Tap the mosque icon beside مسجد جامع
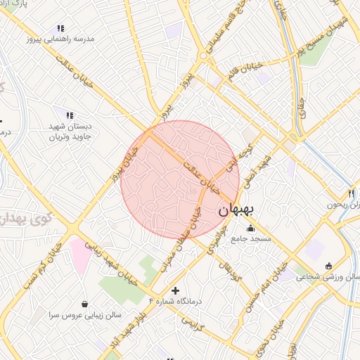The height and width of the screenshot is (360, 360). tap(251, 228)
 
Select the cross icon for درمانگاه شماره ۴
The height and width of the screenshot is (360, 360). tap(175, 290)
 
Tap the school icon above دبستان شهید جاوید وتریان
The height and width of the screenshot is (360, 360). tap(69, 115)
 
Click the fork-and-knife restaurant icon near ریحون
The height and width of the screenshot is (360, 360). tap(351, 193)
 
